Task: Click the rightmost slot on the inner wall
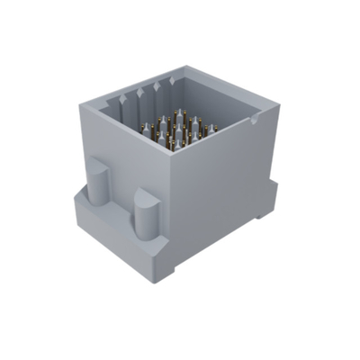click(x=173, y=84)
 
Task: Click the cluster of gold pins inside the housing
click(x=180, y=126)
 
